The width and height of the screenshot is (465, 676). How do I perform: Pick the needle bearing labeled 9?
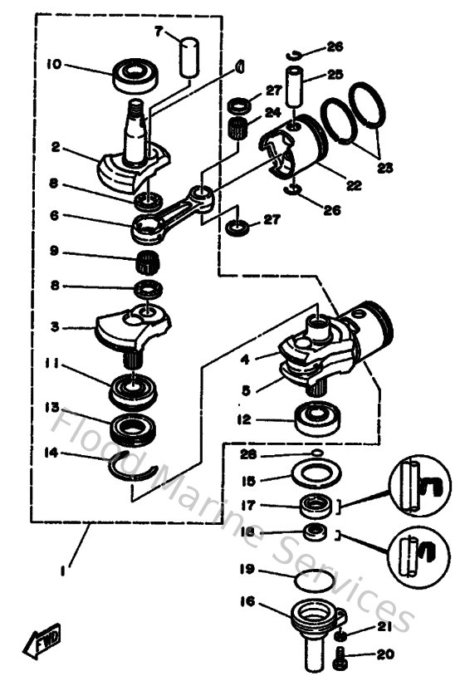click(147, 262)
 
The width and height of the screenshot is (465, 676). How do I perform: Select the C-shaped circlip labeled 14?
click(134, 471)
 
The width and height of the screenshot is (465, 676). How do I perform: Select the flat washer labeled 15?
click(316, 479)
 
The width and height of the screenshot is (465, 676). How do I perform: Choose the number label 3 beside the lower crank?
click(54, 326)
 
